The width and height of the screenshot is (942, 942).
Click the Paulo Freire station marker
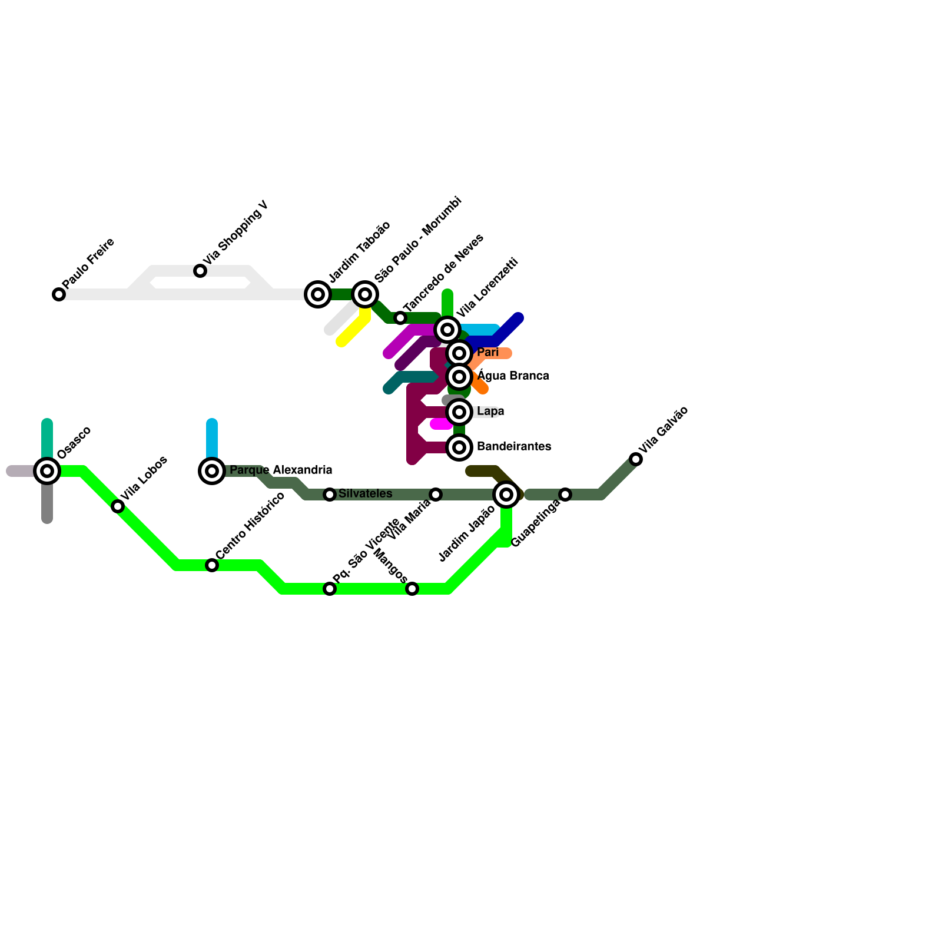coord(59,294)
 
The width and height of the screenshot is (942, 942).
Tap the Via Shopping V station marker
coord(200,271)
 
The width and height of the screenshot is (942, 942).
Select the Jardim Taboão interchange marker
coord(318,294)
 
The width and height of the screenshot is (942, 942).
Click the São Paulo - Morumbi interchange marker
coord(365,294)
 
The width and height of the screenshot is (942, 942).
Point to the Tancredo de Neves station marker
coord(400,318)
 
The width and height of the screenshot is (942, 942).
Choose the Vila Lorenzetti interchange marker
coord(447,330)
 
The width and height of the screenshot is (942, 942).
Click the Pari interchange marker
coord(459,353)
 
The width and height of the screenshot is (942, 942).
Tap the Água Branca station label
coord(513,376)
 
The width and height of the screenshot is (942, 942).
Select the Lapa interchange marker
coord(459,412)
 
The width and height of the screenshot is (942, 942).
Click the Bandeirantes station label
coord(513,446)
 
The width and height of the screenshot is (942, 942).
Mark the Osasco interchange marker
coord(47,471)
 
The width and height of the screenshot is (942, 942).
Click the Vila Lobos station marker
coord(118,506)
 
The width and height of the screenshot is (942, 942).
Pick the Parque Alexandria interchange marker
coord(212,471)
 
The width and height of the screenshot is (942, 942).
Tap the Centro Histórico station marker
coord(212,565)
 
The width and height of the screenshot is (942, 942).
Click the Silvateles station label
coord(365,493)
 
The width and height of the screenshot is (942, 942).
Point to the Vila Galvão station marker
coord(636,459)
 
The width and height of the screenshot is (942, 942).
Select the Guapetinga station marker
coord(565,495)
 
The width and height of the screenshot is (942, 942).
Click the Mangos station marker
coord(412,589)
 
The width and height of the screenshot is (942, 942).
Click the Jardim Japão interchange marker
coord(506,495)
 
